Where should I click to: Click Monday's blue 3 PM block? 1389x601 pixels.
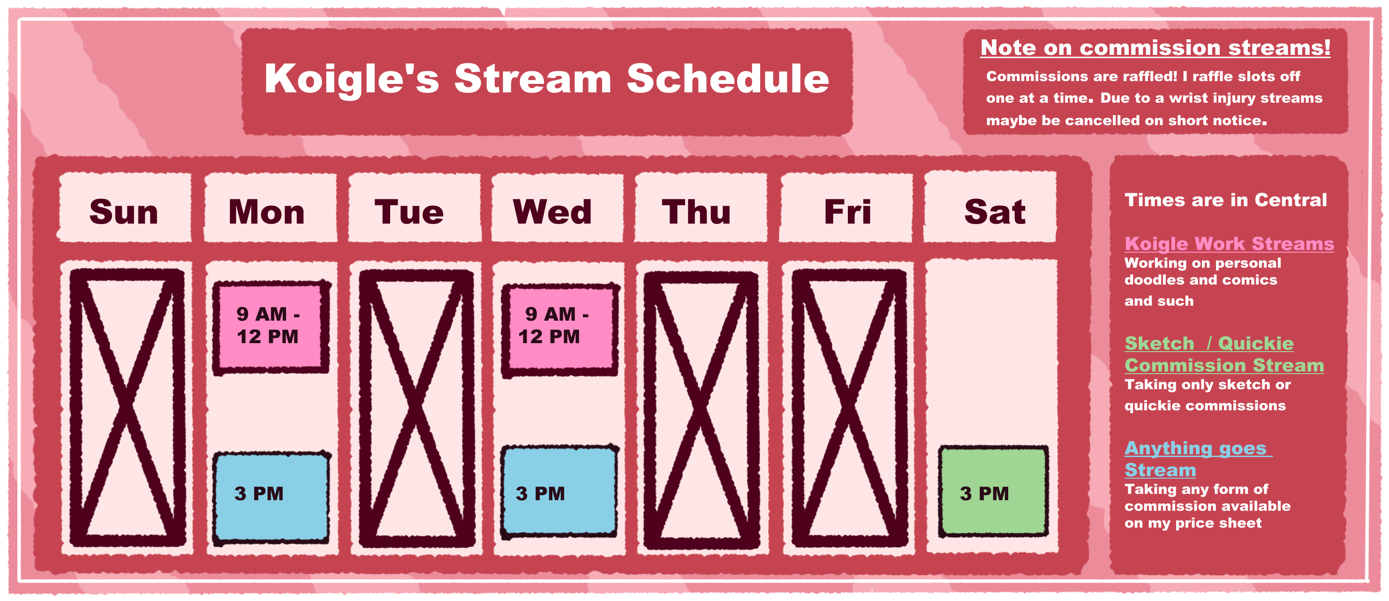pos(271,496)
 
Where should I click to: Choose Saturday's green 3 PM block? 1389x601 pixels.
pos(993,491)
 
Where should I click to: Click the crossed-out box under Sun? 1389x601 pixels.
pos(127,407)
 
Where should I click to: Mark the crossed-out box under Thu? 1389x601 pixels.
pos(701,410)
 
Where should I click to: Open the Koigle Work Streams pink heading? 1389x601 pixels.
pos(1229,244)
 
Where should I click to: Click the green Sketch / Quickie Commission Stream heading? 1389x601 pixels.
pos(1224,354)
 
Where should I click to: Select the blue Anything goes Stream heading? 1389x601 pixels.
pos(1198,458)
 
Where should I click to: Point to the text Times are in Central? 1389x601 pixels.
pos(1225,200)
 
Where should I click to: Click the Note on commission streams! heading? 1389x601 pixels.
pos(1155,47)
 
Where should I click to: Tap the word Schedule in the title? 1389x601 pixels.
pos(728,79)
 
